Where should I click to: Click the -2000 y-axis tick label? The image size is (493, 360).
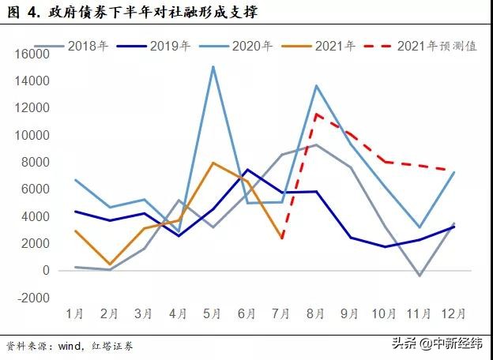pyautogui.click(x=32, y=298)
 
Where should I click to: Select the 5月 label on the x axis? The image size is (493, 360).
pyautogui.click(x=213, y=313)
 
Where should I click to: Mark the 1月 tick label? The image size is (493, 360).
pyautogui.click(x=75, y=313)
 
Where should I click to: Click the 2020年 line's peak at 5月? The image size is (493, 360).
pyautogui.click(x=213, y=66)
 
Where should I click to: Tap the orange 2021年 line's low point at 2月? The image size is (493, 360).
pyautogui.click(x=110, y=264)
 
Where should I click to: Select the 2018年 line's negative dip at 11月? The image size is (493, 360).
pyautogui.click(x=420, y=276)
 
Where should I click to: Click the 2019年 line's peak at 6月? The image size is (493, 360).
pyautogui.click(x=247, y=170)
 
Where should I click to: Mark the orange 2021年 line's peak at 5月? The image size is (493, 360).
pyautogui.click(x=213, y=163)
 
